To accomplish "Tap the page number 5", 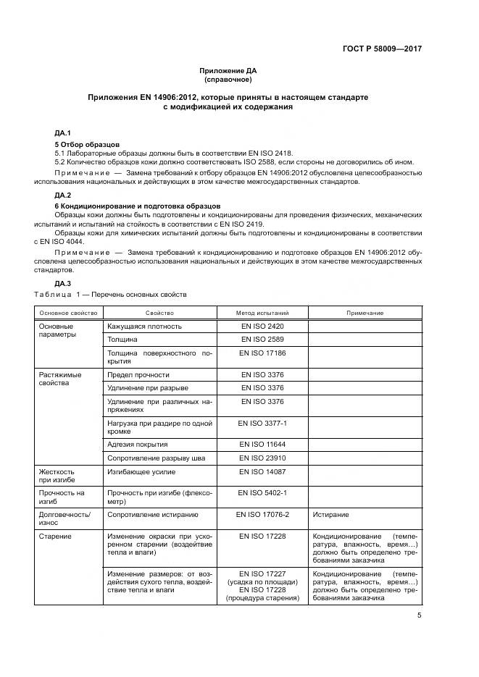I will pos(420,615).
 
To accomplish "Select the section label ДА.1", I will pos(63,134).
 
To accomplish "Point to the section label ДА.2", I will pos(63,195).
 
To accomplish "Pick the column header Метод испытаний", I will pos(262,313).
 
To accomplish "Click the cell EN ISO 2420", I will pos(262,327).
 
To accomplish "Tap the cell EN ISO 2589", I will pos(262,339).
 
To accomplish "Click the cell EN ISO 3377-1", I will pos(262,421).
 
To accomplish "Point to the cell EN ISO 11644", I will pos(262,444).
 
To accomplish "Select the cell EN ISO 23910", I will pos(262,458).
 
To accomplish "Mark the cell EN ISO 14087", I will pos(262,471).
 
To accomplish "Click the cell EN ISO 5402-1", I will pos(262,492).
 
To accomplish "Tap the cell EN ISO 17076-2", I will pos(262,515).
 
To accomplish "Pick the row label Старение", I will pos(55,536).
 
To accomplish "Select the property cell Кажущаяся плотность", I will pos(144,327).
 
